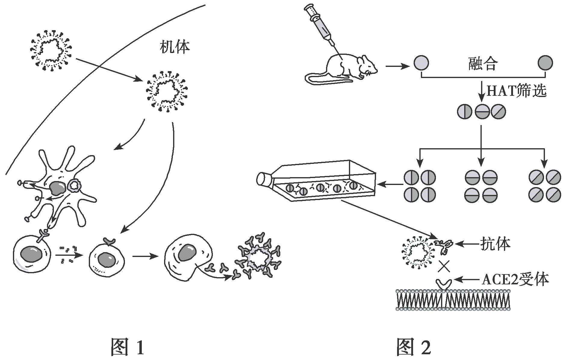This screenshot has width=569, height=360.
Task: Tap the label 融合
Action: tap(483, 64)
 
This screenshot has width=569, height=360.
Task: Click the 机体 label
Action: tap(175, 47)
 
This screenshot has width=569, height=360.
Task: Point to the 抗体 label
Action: tap(495, 244)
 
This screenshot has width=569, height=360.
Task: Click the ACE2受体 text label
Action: tap(515, 279)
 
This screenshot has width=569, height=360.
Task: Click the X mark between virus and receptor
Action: tap(445, 266)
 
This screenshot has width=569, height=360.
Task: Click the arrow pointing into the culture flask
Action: tap(390, 184)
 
